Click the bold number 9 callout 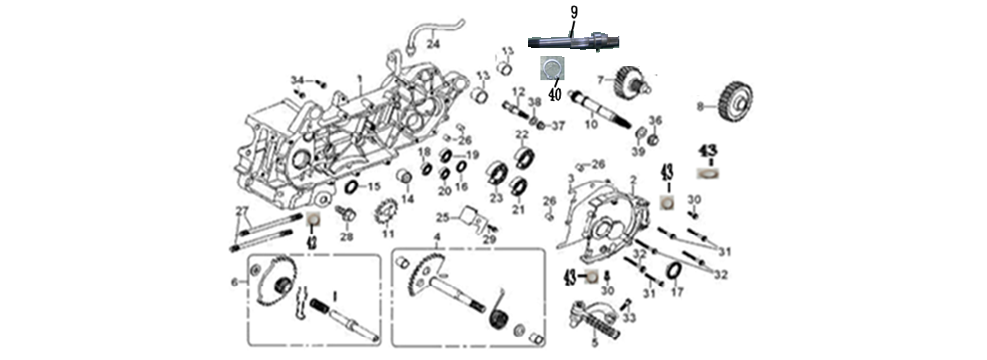574,12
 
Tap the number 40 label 554,83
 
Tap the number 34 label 296,79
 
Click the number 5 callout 595,341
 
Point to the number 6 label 235,283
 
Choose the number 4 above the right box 436,236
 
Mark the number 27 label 240,209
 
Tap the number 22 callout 521,135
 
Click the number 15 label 374,187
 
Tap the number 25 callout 441,218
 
